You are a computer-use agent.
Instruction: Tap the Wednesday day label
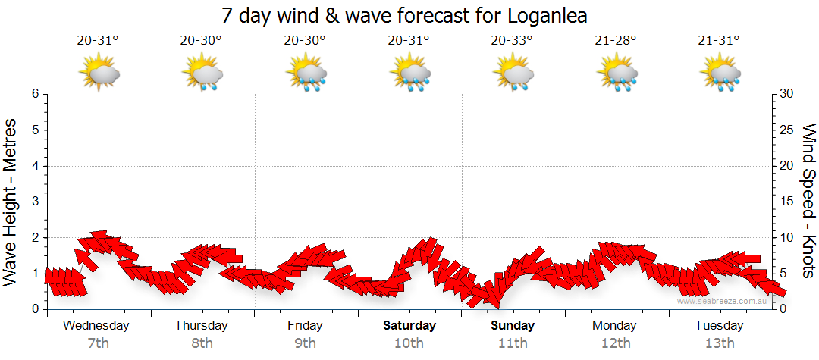click(96, 326)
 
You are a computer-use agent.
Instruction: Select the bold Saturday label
click(409, 326)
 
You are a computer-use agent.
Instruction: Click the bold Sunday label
click(513, 326)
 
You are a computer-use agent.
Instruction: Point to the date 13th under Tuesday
click(720, 343)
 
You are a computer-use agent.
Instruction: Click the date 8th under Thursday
click(201, 343)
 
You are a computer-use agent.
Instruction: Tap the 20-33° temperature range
click(513, 41)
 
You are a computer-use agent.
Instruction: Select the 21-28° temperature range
click(616, 41)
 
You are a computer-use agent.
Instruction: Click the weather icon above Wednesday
click(99, 74)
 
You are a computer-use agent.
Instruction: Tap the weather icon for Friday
click(306, 74)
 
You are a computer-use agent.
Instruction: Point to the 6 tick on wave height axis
click(35, 94)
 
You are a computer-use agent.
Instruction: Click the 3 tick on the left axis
click(35, 202)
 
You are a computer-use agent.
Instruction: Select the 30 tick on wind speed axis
click(788, 94)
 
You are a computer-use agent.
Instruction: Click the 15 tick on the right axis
click(788, 202)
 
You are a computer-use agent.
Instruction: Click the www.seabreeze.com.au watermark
click(723, 301)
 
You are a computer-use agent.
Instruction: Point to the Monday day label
click(616, 326)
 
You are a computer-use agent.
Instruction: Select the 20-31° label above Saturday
click(409, 41)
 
